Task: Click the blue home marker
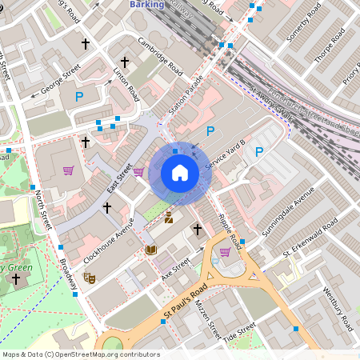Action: pyautogui.click(x=179, y=173)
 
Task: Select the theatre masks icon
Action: pyautogui.click(x=90, y=277)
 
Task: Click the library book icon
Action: pyautogui.click(x=151, y=250)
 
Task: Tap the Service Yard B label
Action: pyautogui.click(x=226, y=155)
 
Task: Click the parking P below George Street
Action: pyautogui.click(x=79, y=98)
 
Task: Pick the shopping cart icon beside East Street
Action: pyautogui.click(x=138, y=171)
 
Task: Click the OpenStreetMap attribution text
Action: pyautogui.click(x=80, y=354)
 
